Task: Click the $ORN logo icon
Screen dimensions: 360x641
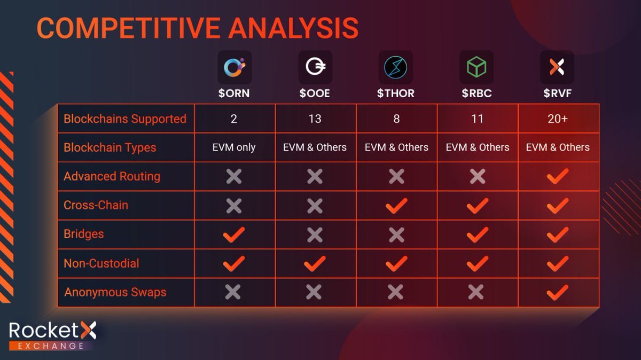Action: click(234, 67)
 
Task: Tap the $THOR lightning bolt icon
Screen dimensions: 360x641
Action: click(396, 67)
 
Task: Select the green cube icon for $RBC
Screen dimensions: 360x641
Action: click(476, 67)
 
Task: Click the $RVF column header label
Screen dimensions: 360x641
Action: click(557, 93)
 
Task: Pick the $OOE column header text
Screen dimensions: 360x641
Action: click(315, 93)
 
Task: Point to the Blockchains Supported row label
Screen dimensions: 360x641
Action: click(125, 119)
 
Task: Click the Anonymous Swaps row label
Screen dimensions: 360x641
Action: click(115, 292)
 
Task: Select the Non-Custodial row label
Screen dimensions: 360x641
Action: click(101, 263)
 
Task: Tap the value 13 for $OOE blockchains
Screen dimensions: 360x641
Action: click(315, 119)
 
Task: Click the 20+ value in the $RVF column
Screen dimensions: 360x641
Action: click(557, 119)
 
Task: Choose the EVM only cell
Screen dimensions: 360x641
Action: click(234, 147)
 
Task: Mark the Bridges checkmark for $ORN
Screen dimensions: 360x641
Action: click(233, 234)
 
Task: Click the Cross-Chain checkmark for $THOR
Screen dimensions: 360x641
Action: click(396, 205)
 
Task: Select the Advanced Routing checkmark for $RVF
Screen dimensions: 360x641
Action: click(558, 176)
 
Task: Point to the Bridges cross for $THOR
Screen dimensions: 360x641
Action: click(396, 234)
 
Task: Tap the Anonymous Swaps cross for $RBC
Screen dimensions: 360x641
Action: click(476, 292)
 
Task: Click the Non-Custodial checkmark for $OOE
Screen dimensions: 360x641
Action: click(315, 263)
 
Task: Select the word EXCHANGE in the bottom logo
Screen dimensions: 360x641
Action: click(52, 346)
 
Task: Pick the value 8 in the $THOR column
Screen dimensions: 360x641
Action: click(396, 119)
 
